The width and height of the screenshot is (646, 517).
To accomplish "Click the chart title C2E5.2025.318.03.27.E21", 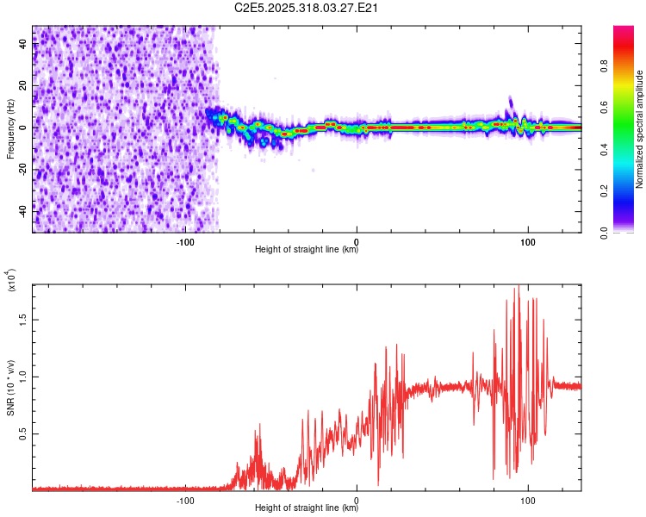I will click(307, 9).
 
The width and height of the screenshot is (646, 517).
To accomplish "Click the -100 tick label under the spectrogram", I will click(185, 241).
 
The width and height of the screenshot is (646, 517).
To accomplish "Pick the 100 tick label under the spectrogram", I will click(527, 241).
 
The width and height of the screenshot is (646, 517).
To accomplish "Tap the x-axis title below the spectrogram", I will click(307, 250).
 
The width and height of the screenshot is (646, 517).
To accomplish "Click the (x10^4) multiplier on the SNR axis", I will click(10, 280).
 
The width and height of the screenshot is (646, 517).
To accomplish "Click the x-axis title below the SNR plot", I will click(307, 508).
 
